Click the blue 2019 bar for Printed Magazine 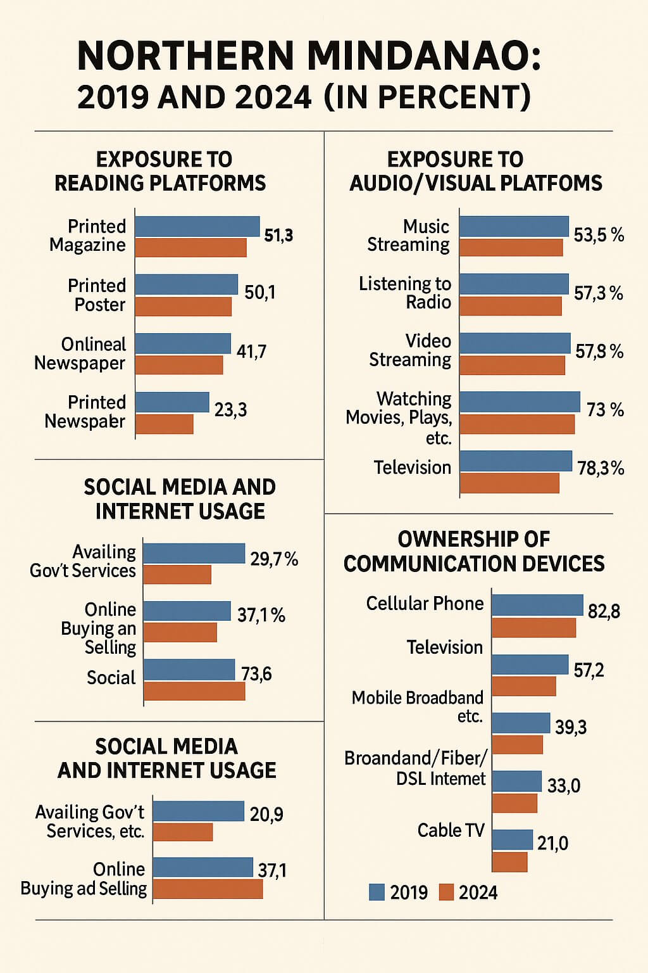(x=197, y=226)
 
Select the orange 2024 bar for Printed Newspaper (x=164, y=424)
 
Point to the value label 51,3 (x=278, y=236)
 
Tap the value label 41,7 (x=251, y=352)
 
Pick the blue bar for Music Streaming (x=514, y=226)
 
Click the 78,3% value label (x=600, y=468)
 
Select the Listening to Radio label (x=405, y=293)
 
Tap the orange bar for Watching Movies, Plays (x=516, y=424)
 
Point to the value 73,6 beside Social (x=256, y=673)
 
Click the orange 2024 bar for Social (x=194, y=691)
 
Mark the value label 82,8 (x=604, y=611)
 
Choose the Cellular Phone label (x=425, y=603)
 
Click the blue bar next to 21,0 (x=512, y=839)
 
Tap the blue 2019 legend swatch (x=377, y=892)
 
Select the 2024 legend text (x=478, y=893)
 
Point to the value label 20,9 (x=266, y=814)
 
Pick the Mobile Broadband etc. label (x=418, y=706)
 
